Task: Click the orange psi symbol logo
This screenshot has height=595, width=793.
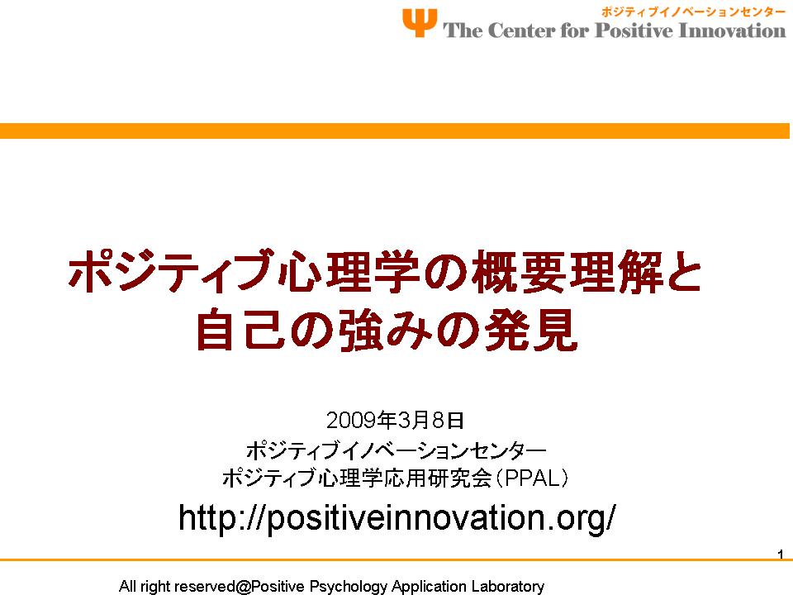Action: coord(420,22)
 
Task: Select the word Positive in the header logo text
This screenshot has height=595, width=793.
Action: coord(634,31)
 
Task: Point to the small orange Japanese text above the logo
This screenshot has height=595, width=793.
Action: coord(693,12)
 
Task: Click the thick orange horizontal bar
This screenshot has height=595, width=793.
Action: coord(395,131)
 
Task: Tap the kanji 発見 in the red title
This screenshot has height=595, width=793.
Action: coord(531,330)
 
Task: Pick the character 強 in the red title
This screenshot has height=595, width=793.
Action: coord(361,330)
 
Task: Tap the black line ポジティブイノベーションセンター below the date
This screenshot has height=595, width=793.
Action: coord(396,450)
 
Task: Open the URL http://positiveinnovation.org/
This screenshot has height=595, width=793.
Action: coord(397,518)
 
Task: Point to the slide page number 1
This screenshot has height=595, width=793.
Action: coord(781,554)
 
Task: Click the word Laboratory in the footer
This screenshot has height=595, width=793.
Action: coord(508,587)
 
